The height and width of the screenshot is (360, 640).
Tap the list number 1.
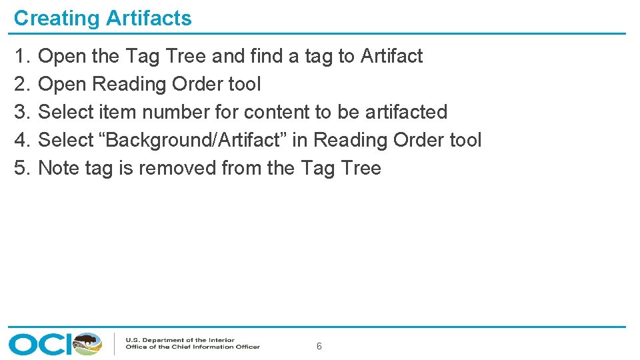(21, 57)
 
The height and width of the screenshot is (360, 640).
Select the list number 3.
(21, 112)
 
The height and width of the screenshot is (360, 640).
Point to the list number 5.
(21, 168)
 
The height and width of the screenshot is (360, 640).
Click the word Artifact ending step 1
(391, 57)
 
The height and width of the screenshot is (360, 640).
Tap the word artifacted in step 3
(406, 112)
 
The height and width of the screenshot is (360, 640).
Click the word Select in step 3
(66, 112)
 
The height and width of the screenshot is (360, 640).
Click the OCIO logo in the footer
(55, 343)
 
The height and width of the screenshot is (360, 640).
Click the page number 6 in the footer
(319, 346)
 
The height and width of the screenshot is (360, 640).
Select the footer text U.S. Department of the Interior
(180, 340)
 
